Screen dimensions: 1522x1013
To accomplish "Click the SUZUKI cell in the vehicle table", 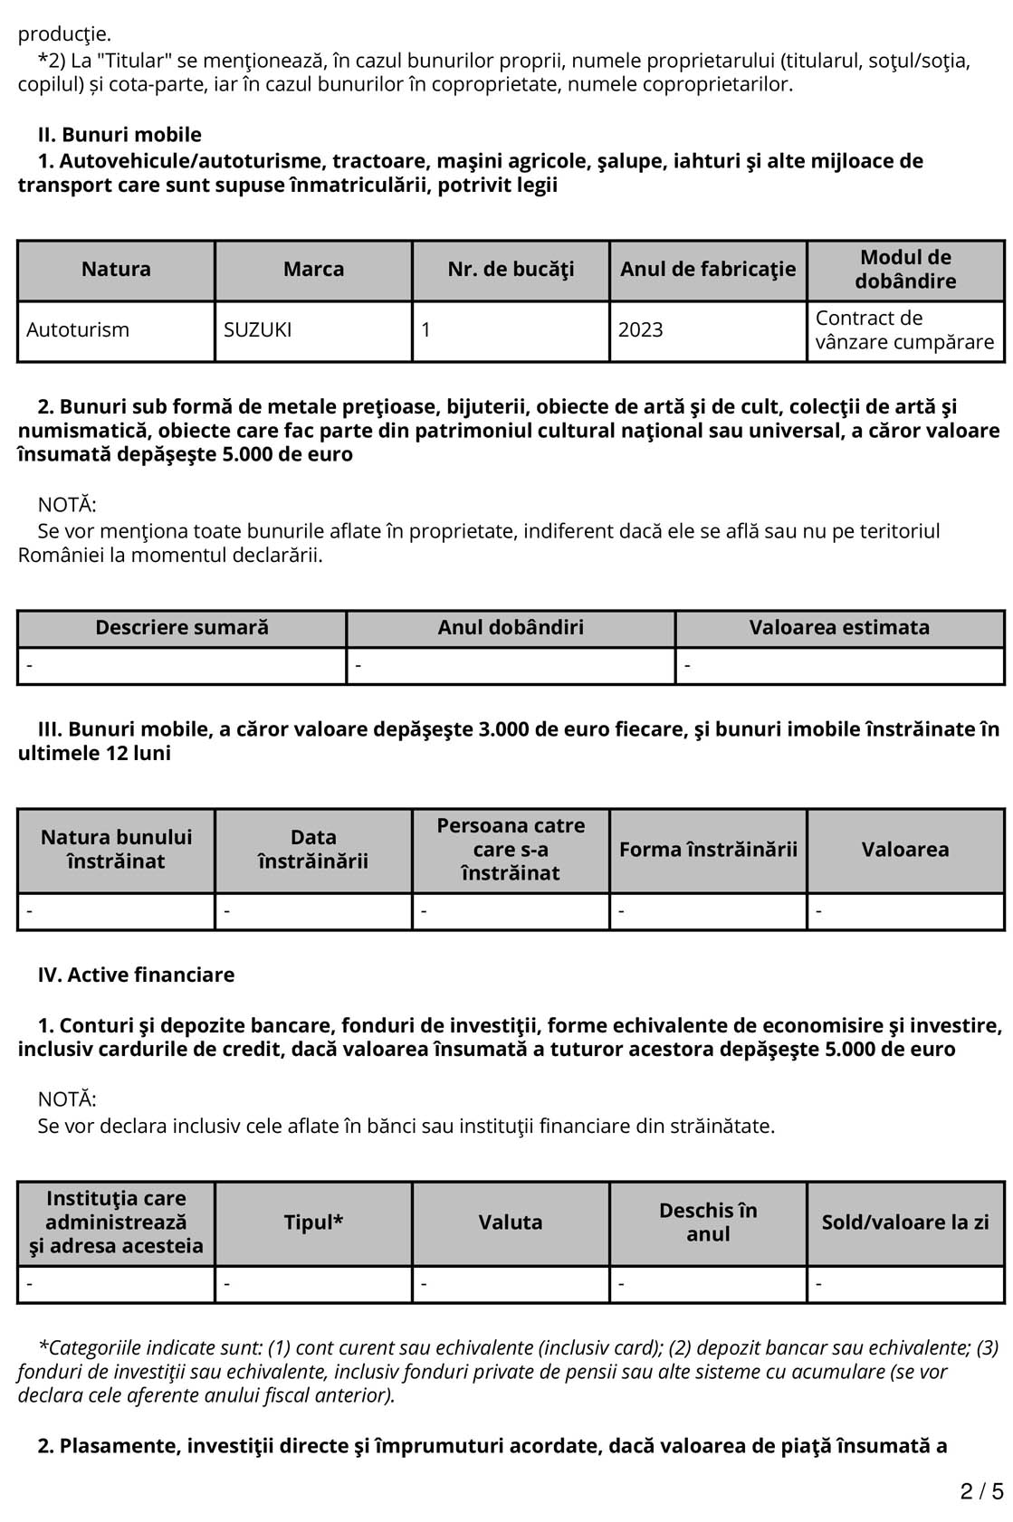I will pos(258,330).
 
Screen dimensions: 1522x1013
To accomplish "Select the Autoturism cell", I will pos(78,330).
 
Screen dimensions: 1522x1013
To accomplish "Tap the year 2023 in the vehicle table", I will pos(641,330).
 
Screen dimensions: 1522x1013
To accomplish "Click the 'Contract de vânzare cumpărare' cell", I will pos(904,330).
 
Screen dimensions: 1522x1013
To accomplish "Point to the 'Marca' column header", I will pos(313,270).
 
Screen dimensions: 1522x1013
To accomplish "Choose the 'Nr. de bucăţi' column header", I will pos(511,270).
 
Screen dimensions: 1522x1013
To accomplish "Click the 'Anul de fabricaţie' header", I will pos(708,270).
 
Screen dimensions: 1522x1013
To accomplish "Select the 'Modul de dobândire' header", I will pos(905,270).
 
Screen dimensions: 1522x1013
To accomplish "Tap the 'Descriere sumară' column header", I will pos(182,628).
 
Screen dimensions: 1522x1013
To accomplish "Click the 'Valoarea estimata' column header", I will pos(839,628).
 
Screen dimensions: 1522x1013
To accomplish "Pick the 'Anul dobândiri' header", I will pos(511,628).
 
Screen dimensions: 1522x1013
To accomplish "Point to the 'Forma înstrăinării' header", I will pos(708,850).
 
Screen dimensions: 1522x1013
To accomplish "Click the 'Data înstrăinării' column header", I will pos(313,850).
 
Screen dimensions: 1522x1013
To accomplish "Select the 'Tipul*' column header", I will pos(313,1222).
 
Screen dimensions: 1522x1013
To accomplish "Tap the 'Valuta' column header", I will pos(511,1222).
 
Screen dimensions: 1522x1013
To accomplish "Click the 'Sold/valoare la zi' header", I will pos(905,1222).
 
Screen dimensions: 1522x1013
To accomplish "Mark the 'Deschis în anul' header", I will pos(708,1222).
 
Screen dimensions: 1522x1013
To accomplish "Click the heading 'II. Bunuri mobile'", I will pos(119,135).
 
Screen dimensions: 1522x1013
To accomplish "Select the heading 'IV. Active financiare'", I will pos(136,975).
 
